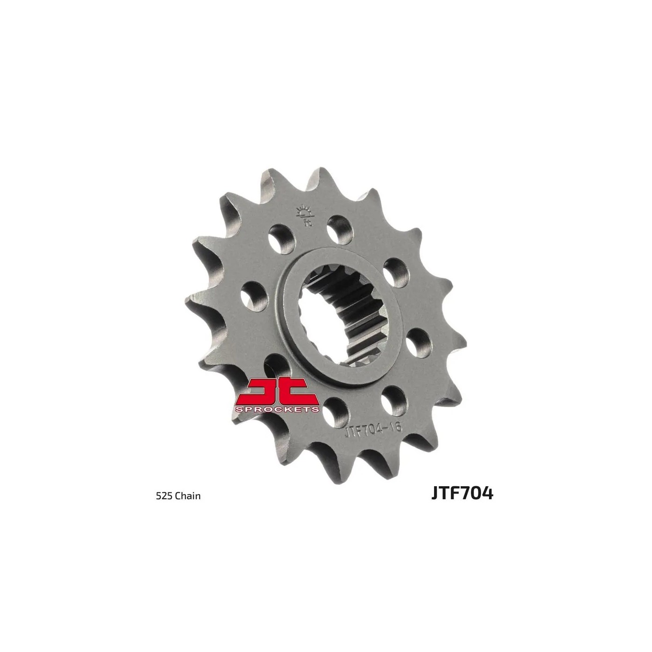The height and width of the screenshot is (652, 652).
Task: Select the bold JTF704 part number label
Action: (462, 493)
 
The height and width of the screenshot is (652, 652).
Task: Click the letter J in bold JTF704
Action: (435, 493)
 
